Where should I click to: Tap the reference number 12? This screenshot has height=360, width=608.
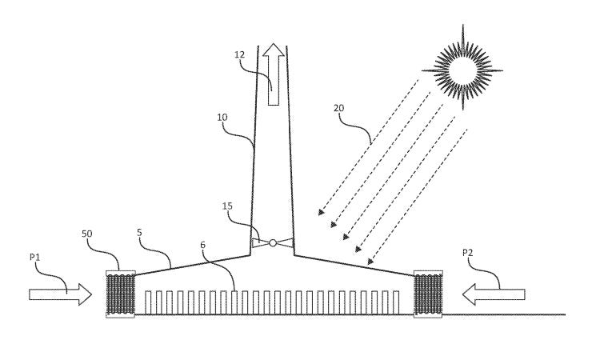coord(239,54)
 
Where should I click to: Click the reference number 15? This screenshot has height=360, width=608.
coord(229,207)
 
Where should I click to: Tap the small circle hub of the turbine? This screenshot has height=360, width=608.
coord(273,242)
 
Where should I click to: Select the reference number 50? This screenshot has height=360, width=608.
coord(87,234)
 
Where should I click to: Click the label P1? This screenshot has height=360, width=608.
coord(36,258)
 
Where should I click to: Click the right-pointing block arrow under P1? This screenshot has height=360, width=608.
coord(60,294)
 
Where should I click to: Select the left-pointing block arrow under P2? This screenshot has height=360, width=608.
coord(495,294)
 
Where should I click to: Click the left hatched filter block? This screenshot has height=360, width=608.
coord(121,294)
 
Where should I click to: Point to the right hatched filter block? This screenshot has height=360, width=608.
coord(427,294)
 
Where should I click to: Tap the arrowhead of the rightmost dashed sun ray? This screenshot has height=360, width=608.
coord(370,262)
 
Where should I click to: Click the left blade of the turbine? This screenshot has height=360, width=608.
coord(260,242)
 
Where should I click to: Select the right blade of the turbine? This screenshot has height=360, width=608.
coord(286,242)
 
